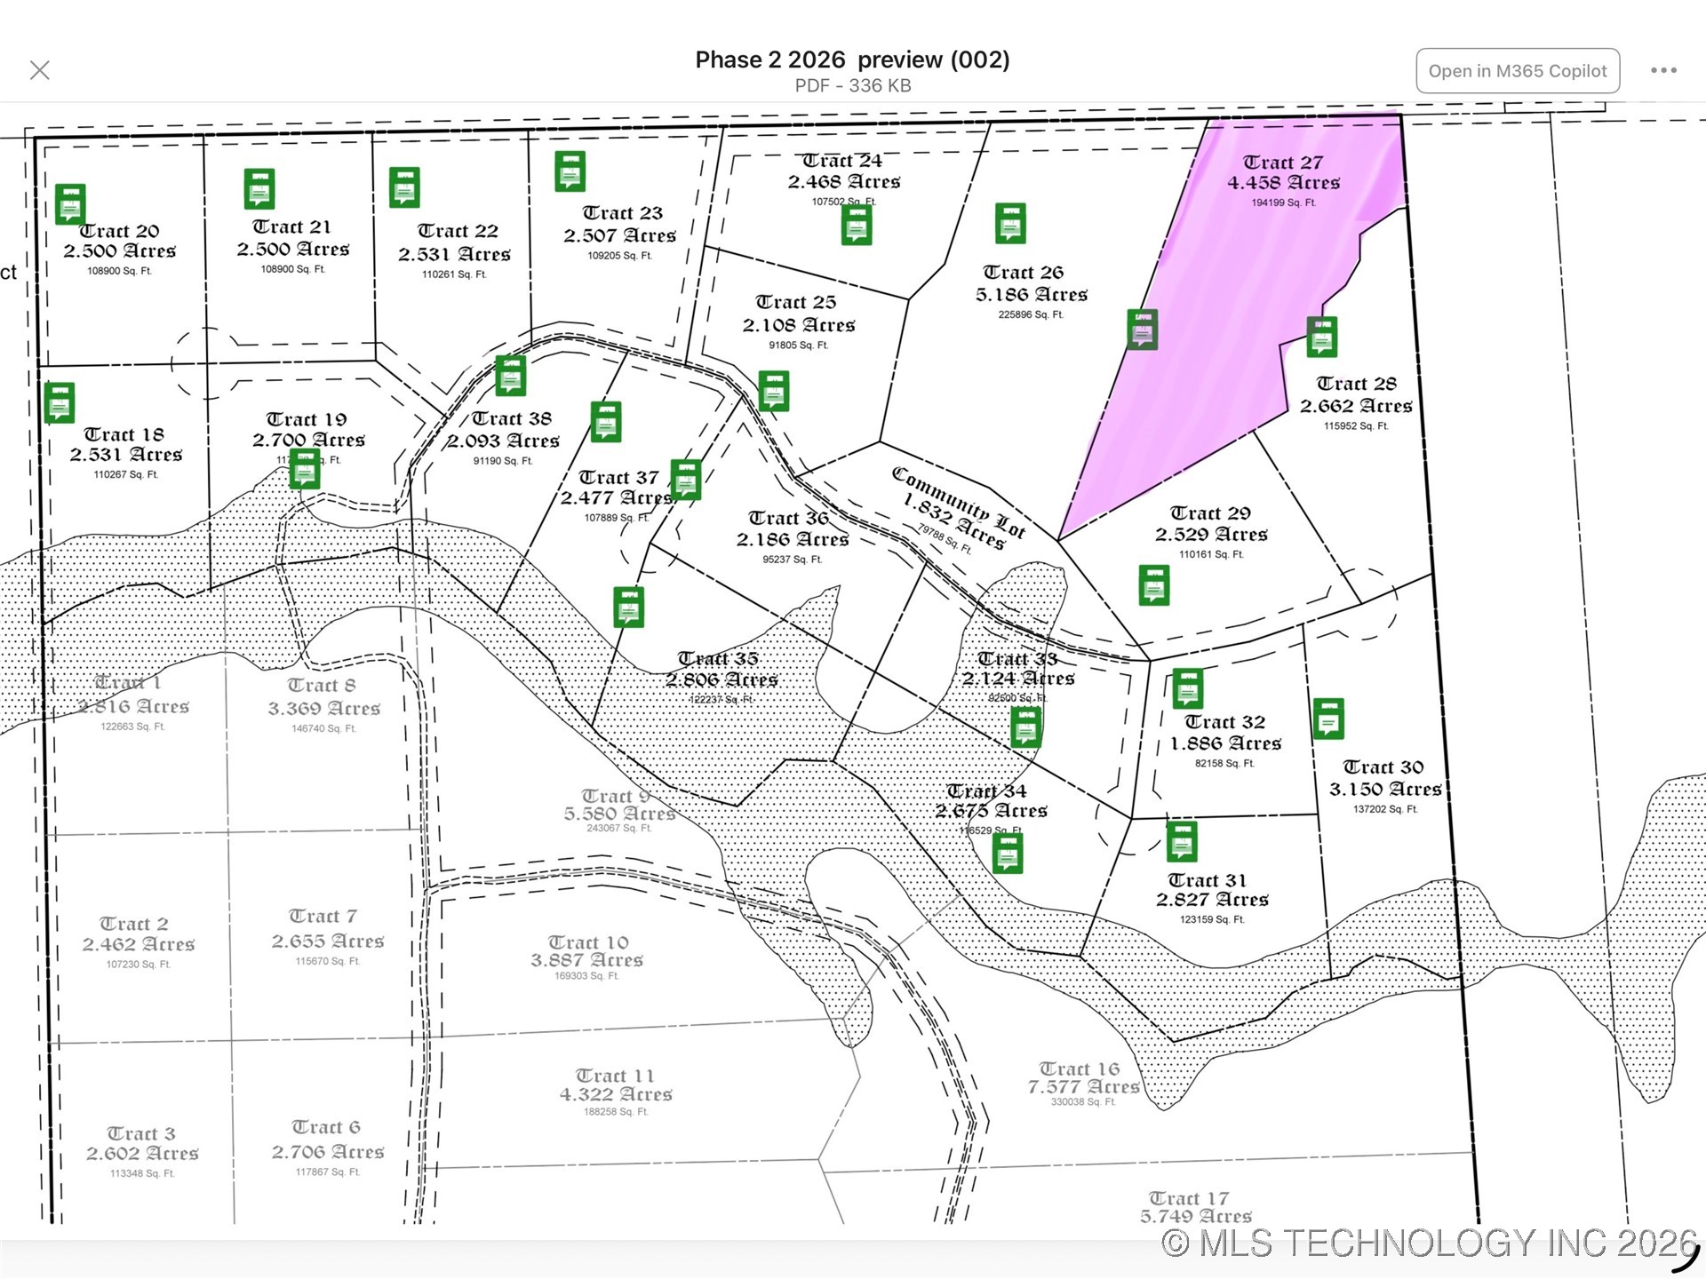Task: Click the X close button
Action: click(x=40, y=70)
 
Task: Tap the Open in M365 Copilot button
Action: click(x=1517, y=71)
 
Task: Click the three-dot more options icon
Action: click(x=1663, y=70)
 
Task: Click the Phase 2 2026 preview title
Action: click(x=852, y=60)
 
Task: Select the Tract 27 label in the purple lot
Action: click(x=1282, y=163)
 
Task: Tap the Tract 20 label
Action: click(x=120, y=231)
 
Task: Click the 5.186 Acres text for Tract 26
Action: click(x=1031, y=294)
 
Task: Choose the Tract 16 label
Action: click(x=1080, y=1068)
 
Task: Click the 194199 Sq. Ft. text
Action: click(x=1283, y=203)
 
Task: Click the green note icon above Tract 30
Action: click(x=1327, y=719)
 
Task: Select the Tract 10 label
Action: click(x=588, y=941)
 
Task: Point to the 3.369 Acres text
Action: click(x=324, y=708)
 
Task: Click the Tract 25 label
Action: click(x=796, y=302)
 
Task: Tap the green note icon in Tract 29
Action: click(x=1153, y=585)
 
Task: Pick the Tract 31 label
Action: click(x=1207, y=880)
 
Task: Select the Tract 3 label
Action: click(x=141, y=1133)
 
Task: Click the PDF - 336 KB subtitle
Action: click(x=852, y=85)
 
